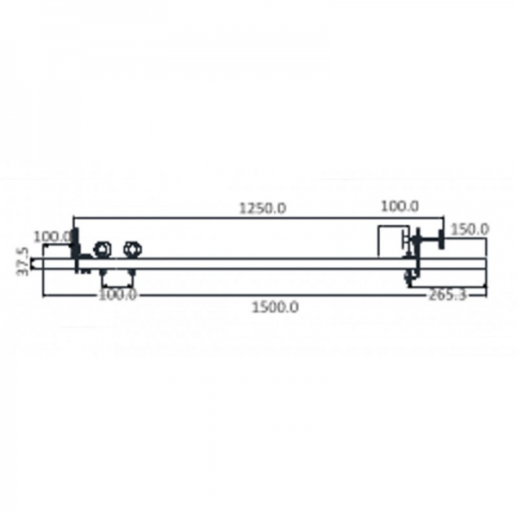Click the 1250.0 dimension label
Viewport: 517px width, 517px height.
click(263, 208)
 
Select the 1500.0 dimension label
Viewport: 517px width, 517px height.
click(276, 308)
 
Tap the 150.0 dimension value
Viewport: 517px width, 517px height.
click(470, 229)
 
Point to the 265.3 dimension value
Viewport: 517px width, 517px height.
click(447, 296)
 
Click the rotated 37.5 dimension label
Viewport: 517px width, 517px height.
click(22, 262)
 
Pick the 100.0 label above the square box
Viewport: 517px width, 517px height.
click(400, 207)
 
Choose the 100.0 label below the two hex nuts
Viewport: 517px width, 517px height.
click(117, 295)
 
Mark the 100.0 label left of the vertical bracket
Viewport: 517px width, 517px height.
click(53, 237)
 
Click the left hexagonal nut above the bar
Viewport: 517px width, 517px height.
click(103, 250)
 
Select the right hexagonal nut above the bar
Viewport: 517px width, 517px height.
click(133, 250)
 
